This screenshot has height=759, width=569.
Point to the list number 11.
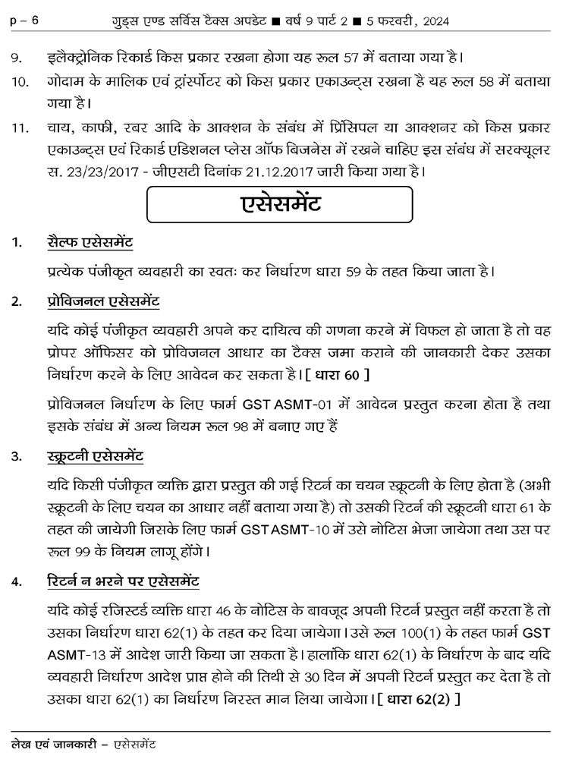[x=20, y=126]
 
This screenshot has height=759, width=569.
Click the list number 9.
[x=16, y=58]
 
